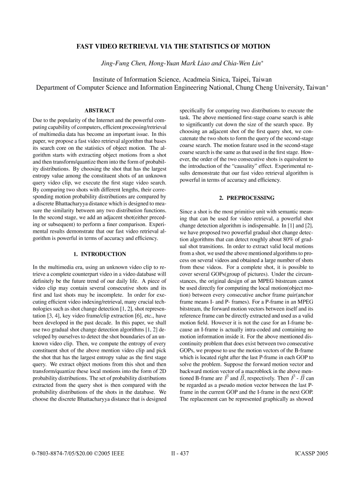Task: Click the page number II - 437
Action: coord(180,454)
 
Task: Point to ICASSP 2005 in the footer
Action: coord(312,454)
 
